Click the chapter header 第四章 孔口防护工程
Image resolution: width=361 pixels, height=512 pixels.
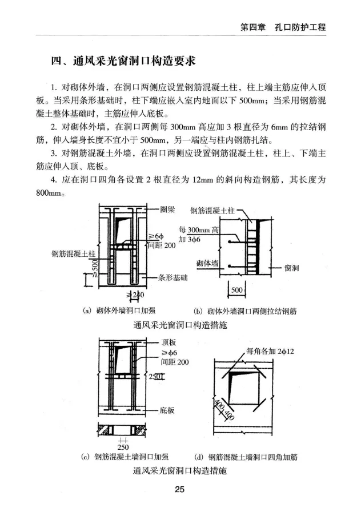pyautogui.click(x=283, y=27)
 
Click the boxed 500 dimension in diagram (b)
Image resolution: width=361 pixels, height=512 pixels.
pyautogui.click(x=235, y=291)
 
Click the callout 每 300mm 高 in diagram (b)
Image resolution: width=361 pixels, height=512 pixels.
pyautogui.click(x=199, y=229)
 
